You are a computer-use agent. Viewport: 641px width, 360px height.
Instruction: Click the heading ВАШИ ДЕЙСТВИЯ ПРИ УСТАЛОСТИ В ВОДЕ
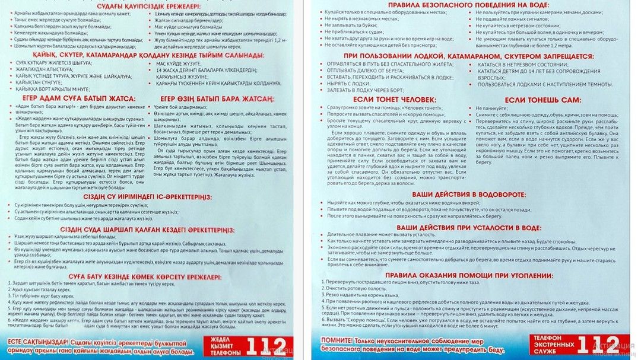click(x=469, y=227)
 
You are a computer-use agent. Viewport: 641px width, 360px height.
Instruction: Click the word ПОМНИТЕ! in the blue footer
click(x=337, y=342)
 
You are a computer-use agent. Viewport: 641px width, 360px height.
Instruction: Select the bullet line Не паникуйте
click(x=493, y=109)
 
